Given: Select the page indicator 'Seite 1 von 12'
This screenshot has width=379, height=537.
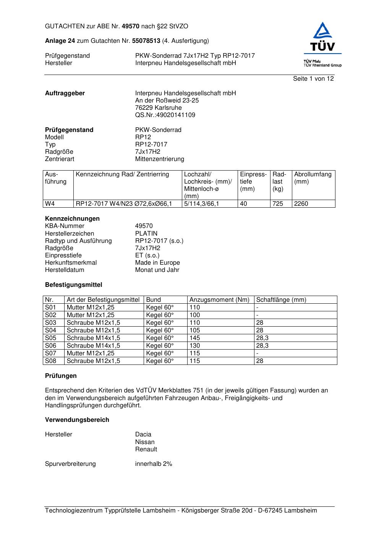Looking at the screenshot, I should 313,79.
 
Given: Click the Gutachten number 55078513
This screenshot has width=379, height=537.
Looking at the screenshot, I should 146,41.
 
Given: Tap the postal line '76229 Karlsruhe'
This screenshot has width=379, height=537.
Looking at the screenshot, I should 158,108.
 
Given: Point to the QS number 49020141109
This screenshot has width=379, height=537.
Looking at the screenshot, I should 165,115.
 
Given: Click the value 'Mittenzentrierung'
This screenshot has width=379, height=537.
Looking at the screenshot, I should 159,159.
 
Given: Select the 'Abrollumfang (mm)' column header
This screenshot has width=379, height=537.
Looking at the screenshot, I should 313,178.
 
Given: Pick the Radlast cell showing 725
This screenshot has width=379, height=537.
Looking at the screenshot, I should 278,204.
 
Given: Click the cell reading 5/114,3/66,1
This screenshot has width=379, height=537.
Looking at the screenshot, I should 201,204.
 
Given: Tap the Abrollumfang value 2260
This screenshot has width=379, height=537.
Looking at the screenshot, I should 301,204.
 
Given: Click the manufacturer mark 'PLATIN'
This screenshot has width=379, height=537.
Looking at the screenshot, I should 146,234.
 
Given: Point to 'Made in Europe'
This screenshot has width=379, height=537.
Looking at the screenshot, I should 157,263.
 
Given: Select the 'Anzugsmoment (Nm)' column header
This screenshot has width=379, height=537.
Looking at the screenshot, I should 219,300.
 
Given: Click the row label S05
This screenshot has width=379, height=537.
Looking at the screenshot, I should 50,338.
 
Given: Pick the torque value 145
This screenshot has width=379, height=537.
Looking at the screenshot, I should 194,338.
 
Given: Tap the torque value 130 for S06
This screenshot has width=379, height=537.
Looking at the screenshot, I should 194,346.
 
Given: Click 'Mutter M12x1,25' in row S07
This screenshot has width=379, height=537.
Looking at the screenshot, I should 90,353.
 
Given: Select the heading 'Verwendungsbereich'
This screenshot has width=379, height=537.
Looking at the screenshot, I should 77,420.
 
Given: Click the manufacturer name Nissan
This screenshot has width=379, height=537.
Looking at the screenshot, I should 145,442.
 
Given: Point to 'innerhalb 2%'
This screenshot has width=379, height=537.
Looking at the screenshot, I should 154,464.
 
